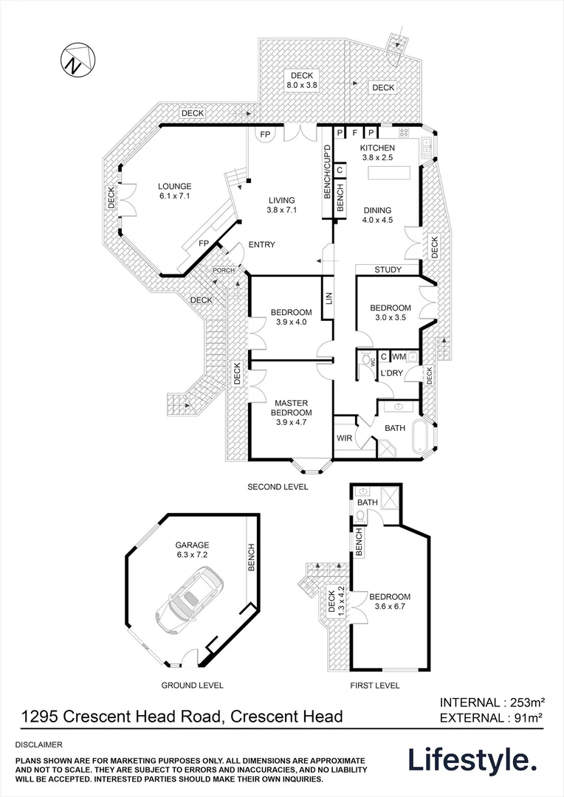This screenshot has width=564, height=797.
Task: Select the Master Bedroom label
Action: [x=291, y=407]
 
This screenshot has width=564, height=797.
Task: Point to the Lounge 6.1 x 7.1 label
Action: [x=173, y=191]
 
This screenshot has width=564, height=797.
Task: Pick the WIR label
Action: [x=344, y=438]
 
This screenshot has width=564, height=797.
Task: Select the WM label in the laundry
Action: [x=398, y=356]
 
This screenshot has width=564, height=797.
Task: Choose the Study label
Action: [x=388, y=270]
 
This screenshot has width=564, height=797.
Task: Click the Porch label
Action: [x=224, y=270]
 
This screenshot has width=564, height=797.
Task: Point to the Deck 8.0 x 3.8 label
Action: [x=301, y=80]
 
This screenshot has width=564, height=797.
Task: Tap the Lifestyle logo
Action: [x=472, y=759]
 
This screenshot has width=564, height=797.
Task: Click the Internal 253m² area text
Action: [x=492, y=702]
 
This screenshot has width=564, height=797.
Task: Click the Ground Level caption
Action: [x=192, y=686]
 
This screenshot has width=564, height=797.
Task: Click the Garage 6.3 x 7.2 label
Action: [x=192, y=550]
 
